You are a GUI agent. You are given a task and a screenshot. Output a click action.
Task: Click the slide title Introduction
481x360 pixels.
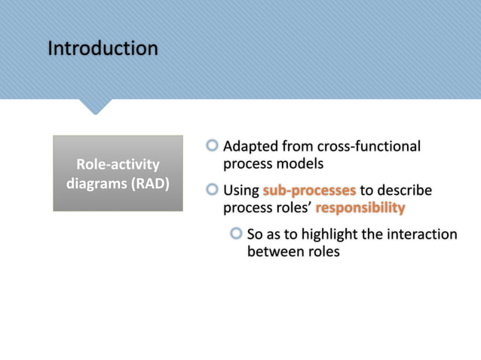(x=103, y=49)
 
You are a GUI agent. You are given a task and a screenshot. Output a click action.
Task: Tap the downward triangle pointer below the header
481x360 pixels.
(x=95, y=106)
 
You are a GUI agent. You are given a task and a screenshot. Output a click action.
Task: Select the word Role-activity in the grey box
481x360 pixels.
(x=118, y=164)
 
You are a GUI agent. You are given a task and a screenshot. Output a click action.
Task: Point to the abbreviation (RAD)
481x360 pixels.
(x=151, y=183)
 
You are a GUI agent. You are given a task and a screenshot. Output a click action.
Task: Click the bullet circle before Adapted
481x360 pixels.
(x=213, y=145)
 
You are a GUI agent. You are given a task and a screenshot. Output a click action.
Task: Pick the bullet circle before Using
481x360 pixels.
(x=213, y=190)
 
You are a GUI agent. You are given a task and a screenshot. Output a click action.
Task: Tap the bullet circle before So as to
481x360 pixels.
(x=237, y=234)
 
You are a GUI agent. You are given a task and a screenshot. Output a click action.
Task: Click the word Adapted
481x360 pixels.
(x=253, y=146)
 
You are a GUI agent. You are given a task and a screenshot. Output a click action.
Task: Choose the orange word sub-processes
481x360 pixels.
(x=309, y=191)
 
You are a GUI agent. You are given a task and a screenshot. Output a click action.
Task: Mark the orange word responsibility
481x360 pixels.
(x=360, y=208)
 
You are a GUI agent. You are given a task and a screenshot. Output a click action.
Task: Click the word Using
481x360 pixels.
(x=241, y=191)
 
